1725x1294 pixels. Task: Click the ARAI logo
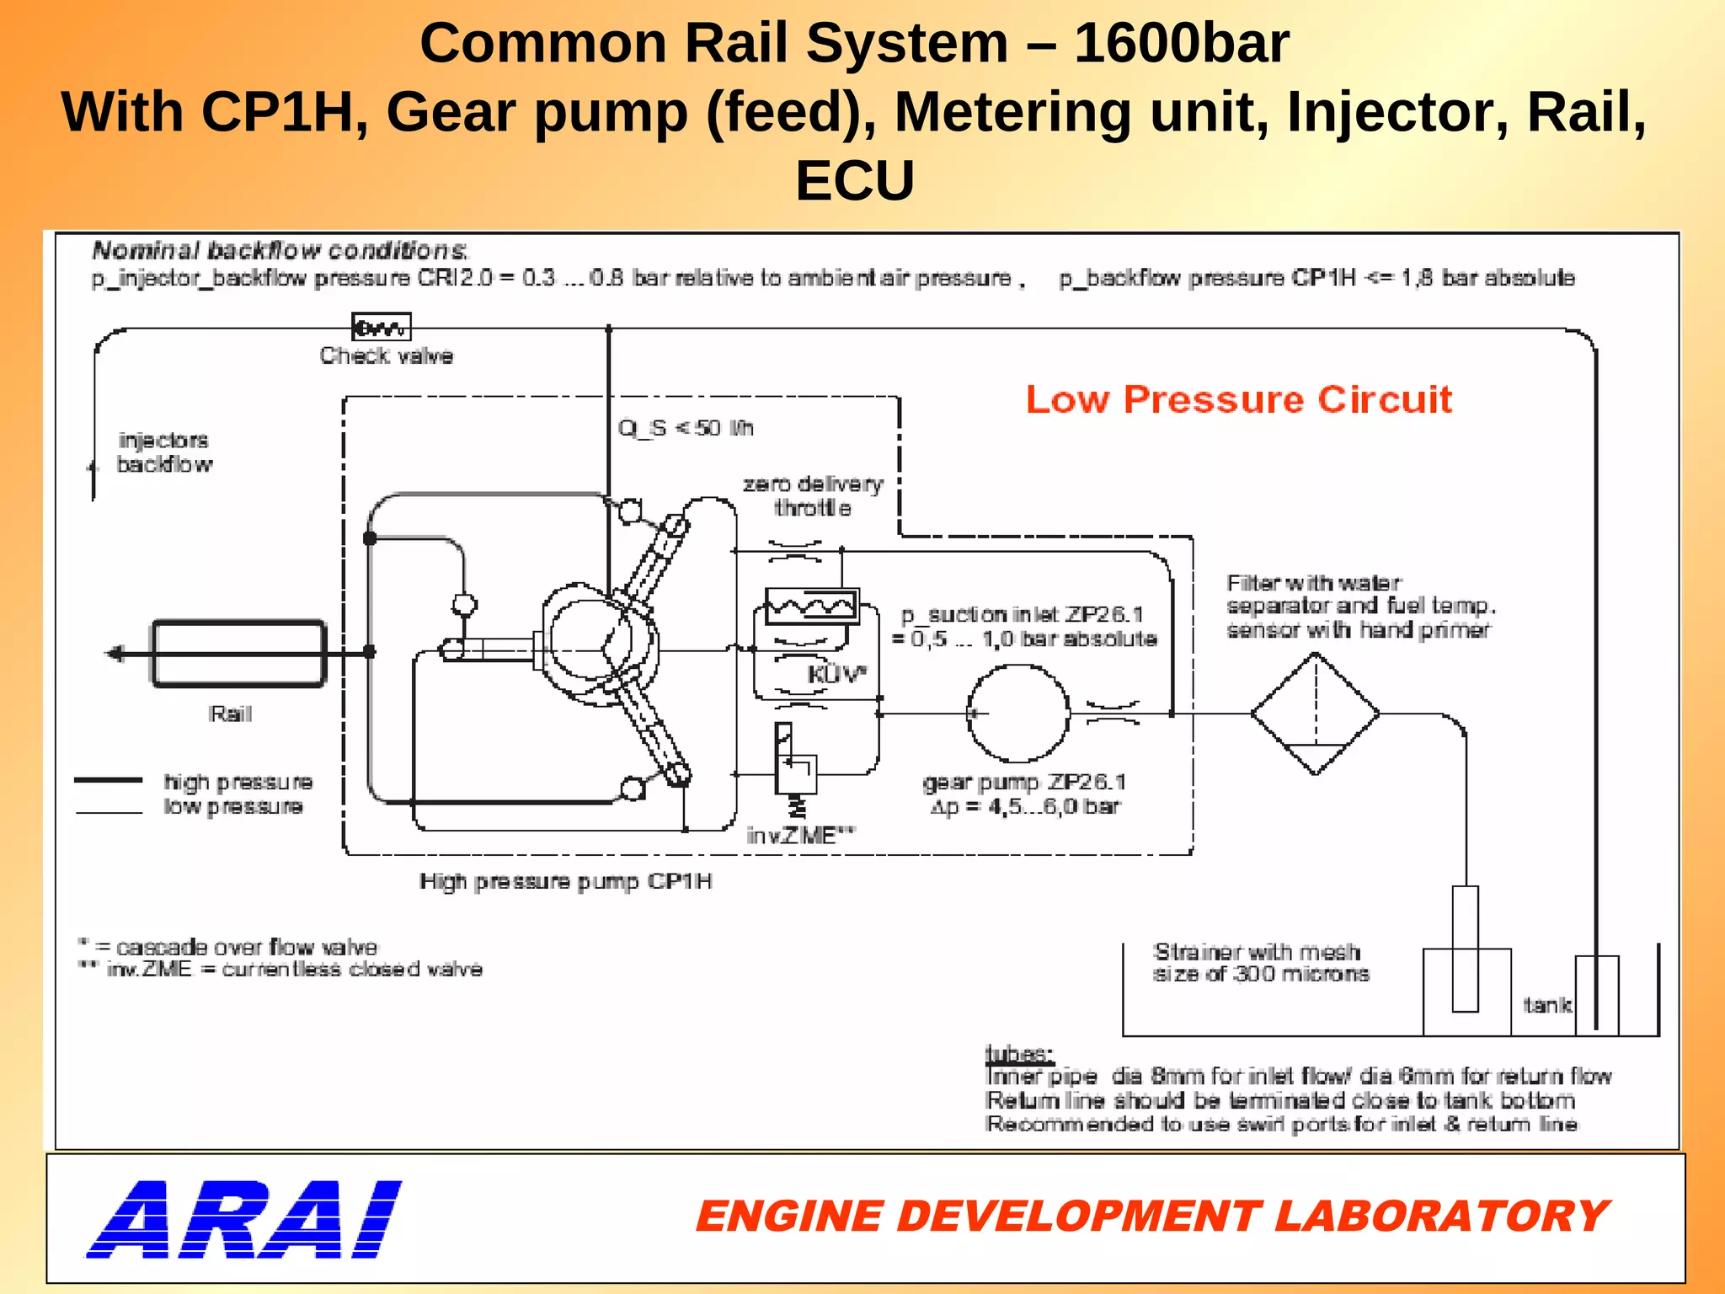244,1219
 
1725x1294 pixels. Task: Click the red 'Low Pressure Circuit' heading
1238,399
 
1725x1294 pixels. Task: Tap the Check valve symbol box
382,327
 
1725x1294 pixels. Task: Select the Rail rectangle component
238,654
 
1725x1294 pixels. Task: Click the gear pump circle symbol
1017,714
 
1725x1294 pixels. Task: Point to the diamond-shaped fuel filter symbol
1315,714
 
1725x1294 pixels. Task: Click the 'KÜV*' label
836,674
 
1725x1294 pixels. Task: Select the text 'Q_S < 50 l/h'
685,428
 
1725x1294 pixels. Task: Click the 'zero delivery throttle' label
813,495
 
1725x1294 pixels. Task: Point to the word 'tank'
1546,1004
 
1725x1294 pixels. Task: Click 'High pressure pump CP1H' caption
565,881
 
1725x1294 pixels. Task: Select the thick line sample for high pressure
108,781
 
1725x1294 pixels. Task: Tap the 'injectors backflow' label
164,452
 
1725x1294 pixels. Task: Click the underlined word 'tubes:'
1018,1053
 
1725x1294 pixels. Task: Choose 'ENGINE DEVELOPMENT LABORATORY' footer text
1151,1216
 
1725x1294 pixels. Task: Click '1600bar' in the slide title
1181,44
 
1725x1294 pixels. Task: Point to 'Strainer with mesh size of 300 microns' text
1260,963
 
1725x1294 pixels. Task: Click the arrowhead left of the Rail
114,653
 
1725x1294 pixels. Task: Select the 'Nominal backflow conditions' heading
280,250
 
